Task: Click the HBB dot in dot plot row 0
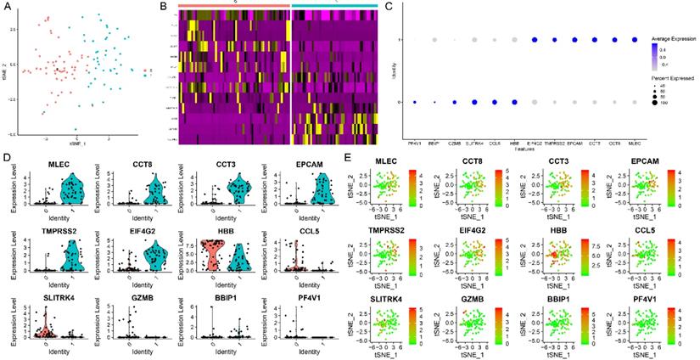[514, 103]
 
